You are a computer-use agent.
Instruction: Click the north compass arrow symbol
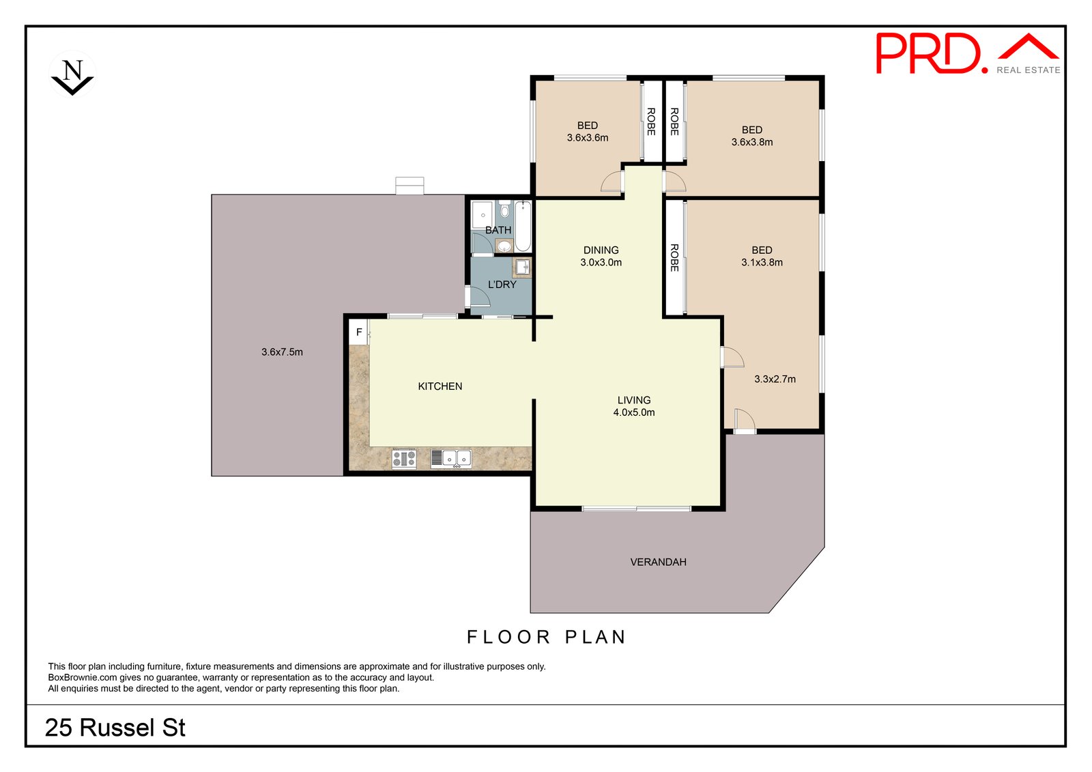coord(72,75)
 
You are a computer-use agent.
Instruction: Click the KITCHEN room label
coord(440,386)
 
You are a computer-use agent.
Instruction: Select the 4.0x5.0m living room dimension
coord(633,412)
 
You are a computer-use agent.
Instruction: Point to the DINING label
coord(601,250)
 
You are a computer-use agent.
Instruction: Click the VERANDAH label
coord(658,562)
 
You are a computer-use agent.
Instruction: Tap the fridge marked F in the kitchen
coord(359,332)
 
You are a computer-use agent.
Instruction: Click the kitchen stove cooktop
coord(404,459)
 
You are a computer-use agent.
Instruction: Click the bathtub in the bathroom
coord(523,227)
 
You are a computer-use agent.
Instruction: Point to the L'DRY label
coord(502,285)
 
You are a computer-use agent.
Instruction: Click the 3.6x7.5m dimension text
coord(282,352)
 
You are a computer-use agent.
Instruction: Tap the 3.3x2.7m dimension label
coord(775,379)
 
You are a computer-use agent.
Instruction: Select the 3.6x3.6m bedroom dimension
coord(587,137)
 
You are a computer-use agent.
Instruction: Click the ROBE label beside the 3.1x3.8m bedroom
coord(674,258)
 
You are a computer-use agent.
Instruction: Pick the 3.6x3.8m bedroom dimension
coord(751,142)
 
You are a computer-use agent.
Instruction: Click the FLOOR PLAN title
coord(546,637)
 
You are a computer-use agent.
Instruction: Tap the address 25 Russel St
coord(115,728)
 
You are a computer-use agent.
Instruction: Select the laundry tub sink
coord(522,267)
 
